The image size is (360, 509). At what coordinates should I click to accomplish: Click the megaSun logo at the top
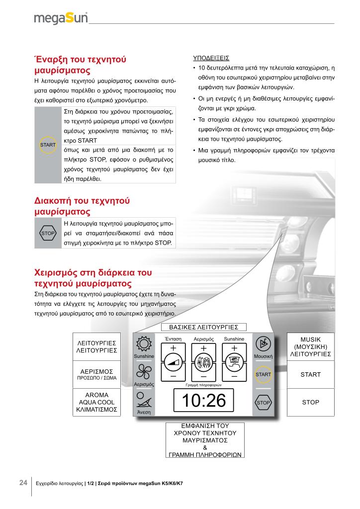tap(61, 18)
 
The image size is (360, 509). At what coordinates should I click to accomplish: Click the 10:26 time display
tap(203, 401)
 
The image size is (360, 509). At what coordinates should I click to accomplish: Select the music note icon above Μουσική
tap(263, 344)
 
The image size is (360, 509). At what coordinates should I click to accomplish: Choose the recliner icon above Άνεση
tap(144, 400)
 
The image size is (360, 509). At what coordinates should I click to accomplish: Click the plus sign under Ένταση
tap(173, 347)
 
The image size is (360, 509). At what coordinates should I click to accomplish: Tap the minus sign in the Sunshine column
tap(234, 377)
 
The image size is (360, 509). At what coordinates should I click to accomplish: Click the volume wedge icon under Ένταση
tap(173, 363)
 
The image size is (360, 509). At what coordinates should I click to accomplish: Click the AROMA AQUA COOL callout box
tap(96, 403)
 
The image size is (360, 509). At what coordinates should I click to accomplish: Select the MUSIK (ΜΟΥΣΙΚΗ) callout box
tap(311, 346)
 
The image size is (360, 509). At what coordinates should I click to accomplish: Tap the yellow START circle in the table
tap(48, 145)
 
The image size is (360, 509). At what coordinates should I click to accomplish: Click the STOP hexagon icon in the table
tap(48, 233)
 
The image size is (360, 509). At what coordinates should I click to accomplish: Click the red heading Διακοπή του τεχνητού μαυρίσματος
tap(82, 206)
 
